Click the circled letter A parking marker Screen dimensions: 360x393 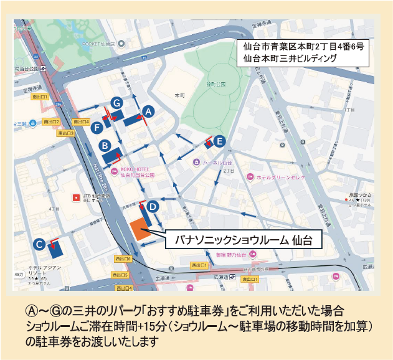tap(148, 110)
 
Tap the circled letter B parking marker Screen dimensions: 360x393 tap(105, 145)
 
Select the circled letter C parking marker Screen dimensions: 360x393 tap(39, 245)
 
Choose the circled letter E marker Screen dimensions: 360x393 tap(219, 141)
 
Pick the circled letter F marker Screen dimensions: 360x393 tap(97, 127)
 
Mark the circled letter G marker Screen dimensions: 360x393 tap(116, 102)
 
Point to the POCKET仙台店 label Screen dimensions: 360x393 tap(102, 44)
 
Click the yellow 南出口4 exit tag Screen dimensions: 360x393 tap(81, 121)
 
